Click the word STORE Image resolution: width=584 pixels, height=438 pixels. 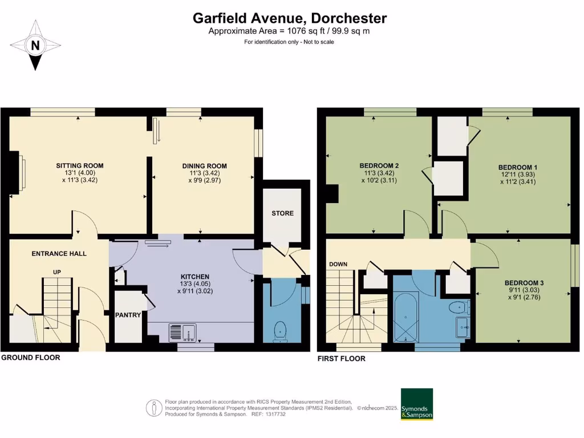point(283,213)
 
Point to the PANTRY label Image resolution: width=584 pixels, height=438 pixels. point(128,315)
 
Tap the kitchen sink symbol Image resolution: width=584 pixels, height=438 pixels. point(182,332)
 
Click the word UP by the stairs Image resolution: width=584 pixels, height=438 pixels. point(57,272)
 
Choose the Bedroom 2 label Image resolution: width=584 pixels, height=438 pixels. point(379,166)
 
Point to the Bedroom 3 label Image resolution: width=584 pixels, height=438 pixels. point(524,283)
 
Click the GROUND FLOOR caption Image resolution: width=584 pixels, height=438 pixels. point(30,358)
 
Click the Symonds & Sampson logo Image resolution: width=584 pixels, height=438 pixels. point(416,404)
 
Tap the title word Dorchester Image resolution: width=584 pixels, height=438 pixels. point(350,18)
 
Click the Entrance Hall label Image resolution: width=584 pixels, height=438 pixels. point(59,253)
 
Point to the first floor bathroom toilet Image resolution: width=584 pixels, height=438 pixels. point(457,309)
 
